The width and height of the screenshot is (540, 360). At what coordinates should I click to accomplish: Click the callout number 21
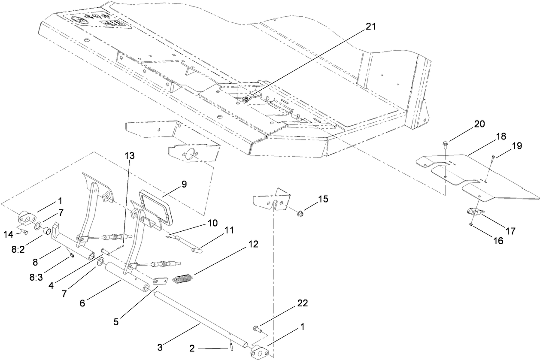pyautogui.click(x=370, y=27)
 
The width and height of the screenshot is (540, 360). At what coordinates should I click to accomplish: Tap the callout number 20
pyautogui.click(x=479, y=124)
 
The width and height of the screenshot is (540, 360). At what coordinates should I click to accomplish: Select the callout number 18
pyautogui.click(x=501, y=136)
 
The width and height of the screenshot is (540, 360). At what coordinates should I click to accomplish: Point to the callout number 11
pyautogui.click(x=229, y=230)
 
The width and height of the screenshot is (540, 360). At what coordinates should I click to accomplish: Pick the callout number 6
pyautogui.click(x=82, y=303)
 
